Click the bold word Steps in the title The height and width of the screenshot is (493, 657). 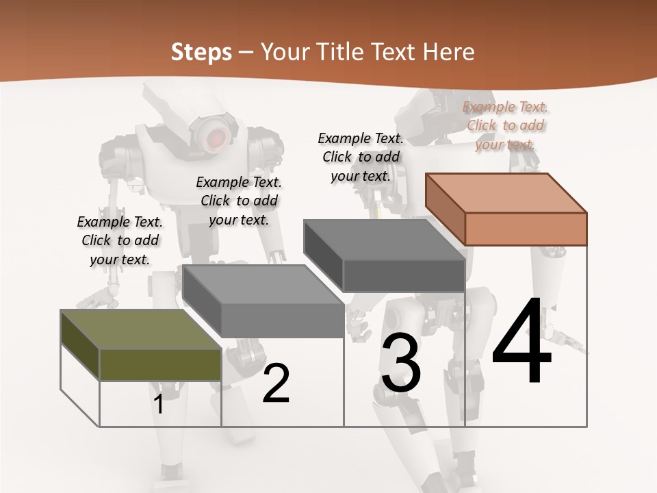pyautogui.click(x=201, y=52)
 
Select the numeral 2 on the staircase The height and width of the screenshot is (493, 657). pyautogui.click(x=276, y=383)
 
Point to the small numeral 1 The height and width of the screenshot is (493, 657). pyautogui.click(x=159, y=404)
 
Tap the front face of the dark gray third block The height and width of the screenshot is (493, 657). pyautogui.click(x=404, y=275)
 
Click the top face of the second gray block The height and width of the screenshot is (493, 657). pyautogui.click(x=263, y=284)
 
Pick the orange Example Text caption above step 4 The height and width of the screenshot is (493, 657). pyautogui.click(x=506, y=125)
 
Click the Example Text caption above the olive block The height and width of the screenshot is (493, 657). pyautogui.click(x=120, y=240)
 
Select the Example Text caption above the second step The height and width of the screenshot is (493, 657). pyautogui.click(x=239, y=201)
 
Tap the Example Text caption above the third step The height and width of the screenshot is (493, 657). pyautogui.click(x=361, y=157)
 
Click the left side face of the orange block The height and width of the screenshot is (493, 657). pyautogui.click(x=445, y=209)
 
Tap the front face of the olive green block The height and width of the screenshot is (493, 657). pyautogui.click(x=160, y=364)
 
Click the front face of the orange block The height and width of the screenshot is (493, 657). pyautogui.click(x=526, y=229)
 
